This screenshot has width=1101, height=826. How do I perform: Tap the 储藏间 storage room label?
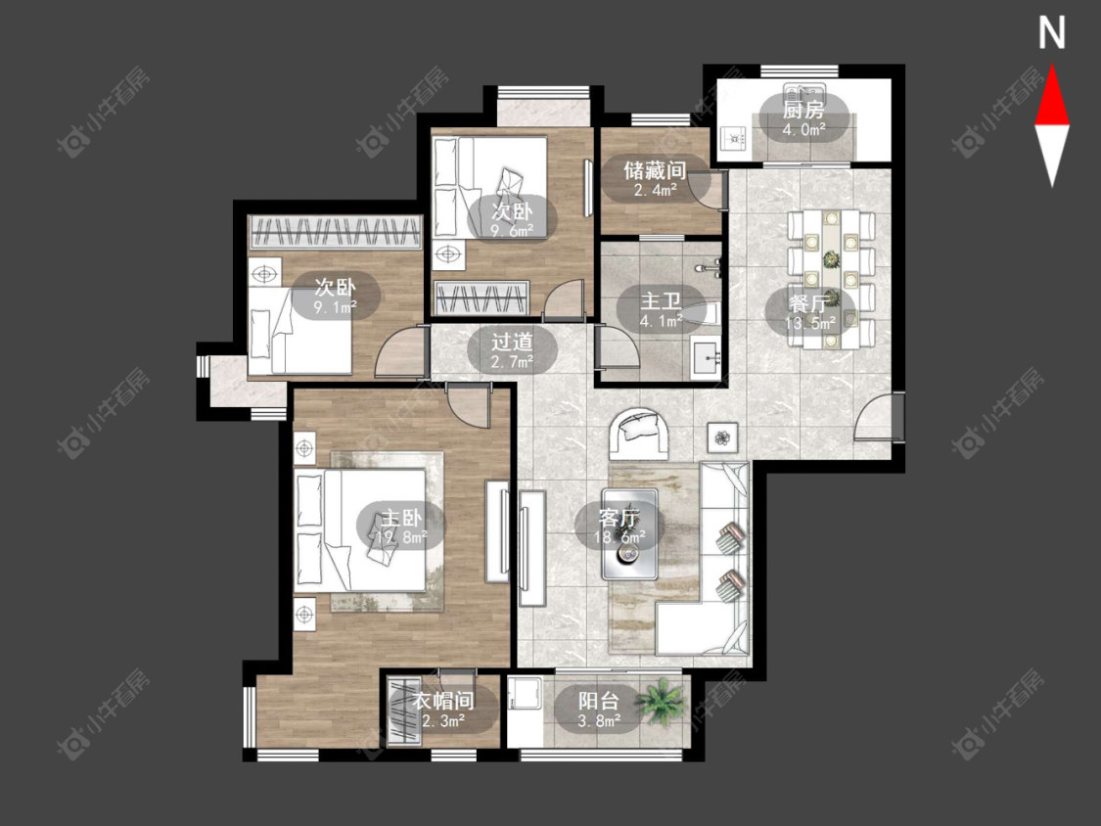click(655, 170)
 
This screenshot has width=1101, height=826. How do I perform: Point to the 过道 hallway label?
click(512, 343)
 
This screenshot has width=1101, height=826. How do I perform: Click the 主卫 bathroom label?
click(661, 302)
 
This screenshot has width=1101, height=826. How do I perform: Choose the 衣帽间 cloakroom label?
click(443, 701)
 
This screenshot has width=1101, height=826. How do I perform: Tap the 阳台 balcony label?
click(599, 701)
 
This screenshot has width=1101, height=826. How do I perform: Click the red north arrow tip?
click(1052, 66)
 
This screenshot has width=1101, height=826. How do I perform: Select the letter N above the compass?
click(1052, 33)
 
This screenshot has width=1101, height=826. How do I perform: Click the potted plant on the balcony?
click(661, 701)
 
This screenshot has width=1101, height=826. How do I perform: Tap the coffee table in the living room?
click(630, 534)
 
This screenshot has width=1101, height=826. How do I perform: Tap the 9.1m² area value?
click(336, 306)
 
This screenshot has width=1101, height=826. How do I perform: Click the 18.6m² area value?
click(619, 538)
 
